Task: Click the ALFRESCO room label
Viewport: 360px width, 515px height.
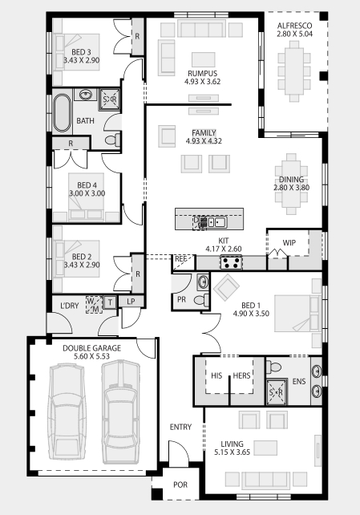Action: pyautogui.click(x=295, y=26)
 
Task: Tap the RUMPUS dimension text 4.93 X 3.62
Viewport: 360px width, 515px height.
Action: pyautogui.click(x=203, y=82)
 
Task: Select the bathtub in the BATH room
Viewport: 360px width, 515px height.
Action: pyautogui.click(x=62, y=113)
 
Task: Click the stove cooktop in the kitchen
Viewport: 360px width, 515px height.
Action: pyautogui.click(x=231, y=262)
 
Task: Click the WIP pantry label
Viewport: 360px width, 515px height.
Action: pyautogui.click(x=289, y=243)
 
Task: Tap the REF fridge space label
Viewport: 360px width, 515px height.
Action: pyautogui.click(x=181, y=259)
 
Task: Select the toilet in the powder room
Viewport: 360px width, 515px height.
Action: pyautogui.click(x=201, y=300)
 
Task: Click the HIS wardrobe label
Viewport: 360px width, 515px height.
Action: pyautogui.click(x=216, y=375)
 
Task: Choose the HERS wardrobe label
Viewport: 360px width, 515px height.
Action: pyautogui.click(x=241, y=375)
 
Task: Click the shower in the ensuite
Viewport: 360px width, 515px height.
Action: pyautogui.click(x=276, y=391)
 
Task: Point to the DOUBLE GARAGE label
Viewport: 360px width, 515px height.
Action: pyautogui.click(x=92, y=348)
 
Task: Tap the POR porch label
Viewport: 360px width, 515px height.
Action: pyautogui.click(x=180, y=485)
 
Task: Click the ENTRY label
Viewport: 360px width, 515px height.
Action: pyautogui.click(x=180, y=427)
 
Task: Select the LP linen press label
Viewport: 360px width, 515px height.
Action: pyautogui.click(x=131, y=301)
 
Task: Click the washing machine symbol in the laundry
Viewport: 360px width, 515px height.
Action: pyautogui.click(x=94, y=305)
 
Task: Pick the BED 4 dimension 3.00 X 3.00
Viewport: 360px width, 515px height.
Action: pyautogui.click(x=87, y=193)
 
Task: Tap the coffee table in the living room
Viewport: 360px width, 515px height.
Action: pyautogui.click(x=265, y=448)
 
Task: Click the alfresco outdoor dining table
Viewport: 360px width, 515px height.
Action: pyautogui.click(x=294, y=71)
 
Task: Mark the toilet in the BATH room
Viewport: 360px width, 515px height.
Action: pyautogui.click(x=113, y=140)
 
